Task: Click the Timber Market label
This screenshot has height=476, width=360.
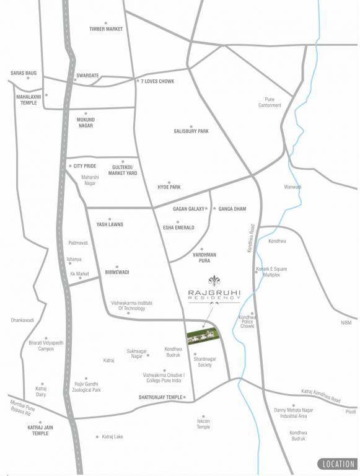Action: [x=106, y=29]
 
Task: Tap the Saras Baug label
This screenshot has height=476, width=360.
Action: [x=24, y=73]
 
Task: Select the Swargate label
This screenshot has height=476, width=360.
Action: [x=87, y=76]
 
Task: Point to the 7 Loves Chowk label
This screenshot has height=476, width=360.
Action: [x=157, y=82]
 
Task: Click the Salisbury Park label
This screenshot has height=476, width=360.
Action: [x=191, y=131]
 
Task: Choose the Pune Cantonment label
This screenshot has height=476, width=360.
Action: [x=270, y=102]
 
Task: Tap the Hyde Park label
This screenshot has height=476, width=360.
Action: [x=169, y=187]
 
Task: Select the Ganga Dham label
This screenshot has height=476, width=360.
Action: [x=232, y=209]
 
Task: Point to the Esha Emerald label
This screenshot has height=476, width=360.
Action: [x=178, y=227]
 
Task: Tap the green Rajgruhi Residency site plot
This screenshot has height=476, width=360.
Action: [x=202, y=335]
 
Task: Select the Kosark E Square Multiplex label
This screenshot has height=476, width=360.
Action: [x=271, y=272]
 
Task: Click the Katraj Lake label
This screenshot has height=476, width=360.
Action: [x=112, y=437]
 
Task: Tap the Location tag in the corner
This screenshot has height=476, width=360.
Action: [x=338, y=464]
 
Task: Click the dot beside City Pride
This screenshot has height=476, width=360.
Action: [x=71, y=166]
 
